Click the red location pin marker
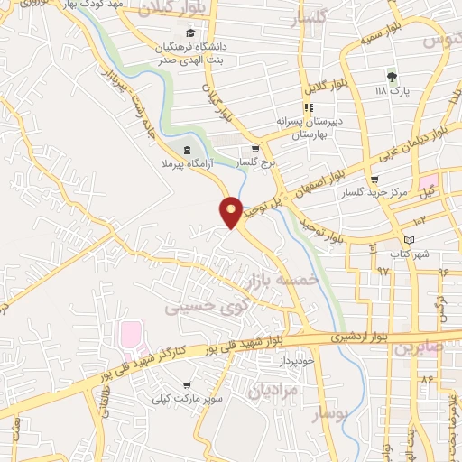232,211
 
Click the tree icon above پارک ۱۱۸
392,76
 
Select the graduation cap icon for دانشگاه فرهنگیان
189,32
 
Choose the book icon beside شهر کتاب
411,239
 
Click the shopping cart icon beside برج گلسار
255,150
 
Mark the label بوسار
329,414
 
